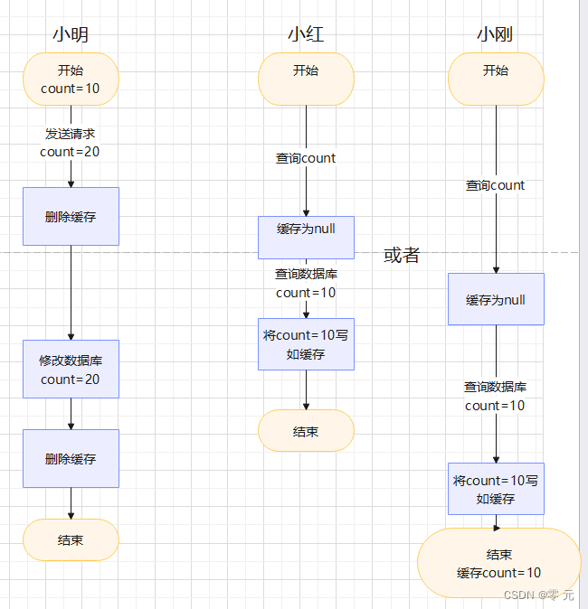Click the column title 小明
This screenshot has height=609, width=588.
[71, 35]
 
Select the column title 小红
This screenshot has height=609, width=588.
[306, 35]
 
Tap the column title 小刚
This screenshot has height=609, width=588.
[496, 35]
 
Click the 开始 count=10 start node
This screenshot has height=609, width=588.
[71, 80]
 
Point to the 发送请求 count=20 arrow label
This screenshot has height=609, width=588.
[71, 142]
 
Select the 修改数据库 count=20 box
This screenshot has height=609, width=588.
[71, 370]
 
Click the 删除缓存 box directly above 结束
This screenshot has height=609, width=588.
[71, 459]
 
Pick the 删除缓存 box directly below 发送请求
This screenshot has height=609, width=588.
[71, 217]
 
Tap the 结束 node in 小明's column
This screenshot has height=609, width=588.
[71, 540]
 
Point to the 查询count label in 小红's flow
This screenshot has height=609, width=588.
[306, 158]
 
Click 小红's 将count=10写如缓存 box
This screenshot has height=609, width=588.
[306, 344]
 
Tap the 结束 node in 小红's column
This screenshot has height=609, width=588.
[306, 431]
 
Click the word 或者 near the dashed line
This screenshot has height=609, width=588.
[402, 256]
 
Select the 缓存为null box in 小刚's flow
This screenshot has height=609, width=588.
[496, 299]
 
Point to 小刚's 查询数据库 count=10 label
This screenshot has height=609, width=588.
[496, 396]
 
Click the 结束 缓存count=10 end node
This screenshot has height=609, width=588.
[498, 563]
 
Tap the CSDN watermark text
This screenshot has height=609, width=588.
[539, 595]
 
